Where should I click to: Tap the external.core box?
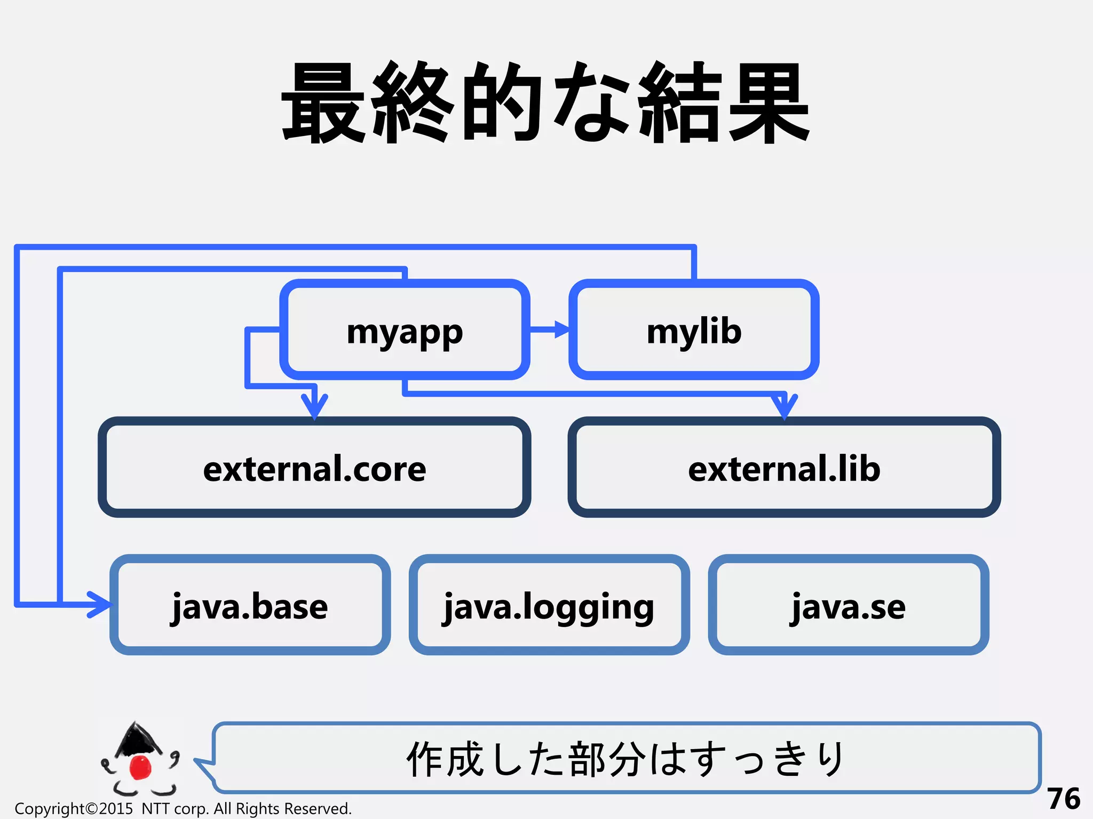(314, 468)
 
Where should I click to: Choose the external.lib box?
(784, 468)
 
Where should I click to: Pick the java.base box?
(250, 605)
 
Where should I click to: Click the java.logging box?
(549, 605)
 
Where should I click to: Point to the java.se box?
(848, 605)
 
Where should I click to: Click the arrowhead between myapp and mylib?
(561, 330)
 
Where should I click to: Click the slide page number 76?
(1063, 799)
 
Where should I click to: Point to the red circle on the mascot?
(141, 767)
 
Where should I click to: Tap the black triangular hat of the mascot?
(138, 738)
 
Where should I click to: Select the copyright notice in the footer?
(183, 809)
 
